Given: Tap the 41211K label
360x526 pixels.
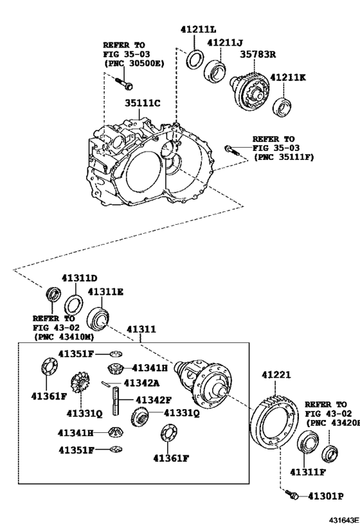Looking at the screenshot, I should (x=287, y=78).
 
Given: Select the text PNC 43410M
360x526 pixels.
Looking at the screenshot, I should (x=63, y=337).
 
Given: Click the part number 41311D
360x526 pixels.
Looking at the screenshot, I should (x=79, y=278).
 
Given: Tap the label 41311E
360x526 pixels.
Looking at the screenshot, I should (x=106, y=292).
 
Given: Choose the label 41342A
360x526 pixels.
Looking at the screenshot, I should (x=141, y=383).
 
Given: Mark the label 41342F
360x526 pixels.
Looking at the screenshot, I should (x=153, y=399).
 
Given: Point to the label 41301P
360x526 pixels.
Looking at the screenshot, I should (x=325, y=496).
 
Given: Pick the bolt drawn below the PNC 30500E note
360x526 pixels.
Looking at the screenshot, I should (x=123, y=83).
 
